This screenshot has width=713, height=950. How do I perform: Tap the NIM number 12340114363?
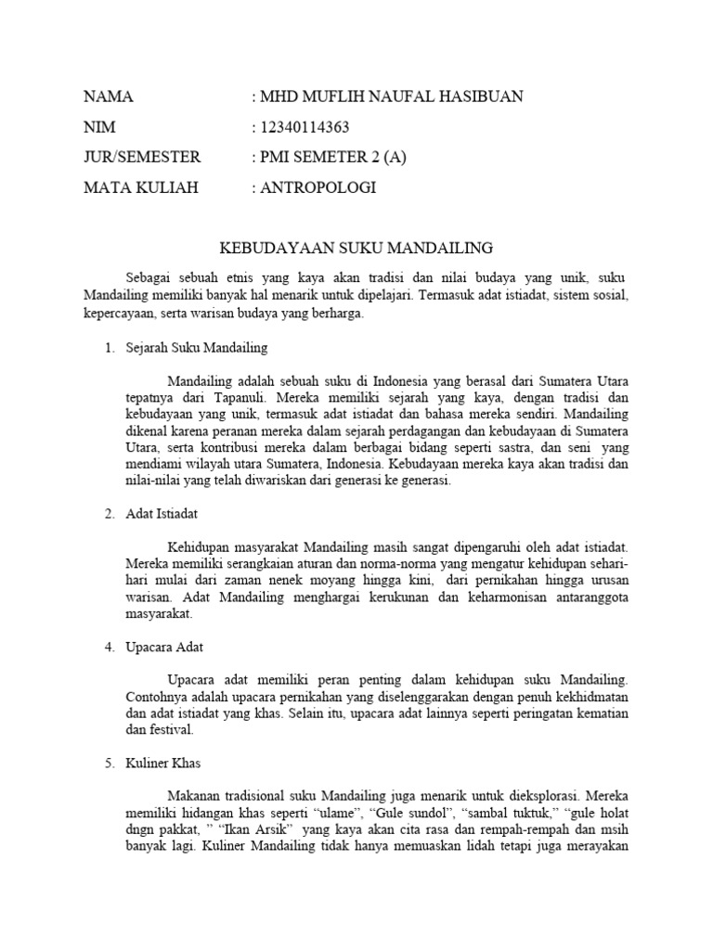(x=305, y=127)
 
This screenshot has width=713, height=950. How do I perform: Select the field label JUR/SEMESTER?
(x=142, y=157)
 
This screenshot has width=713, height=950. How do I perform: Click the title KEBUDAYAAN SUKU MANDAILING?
(x=356, y=248)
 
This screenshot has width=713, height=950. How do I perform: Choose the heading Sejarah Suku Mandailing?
(x=197, y=348)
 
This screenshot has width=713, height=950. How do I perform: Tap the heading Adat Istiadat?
(x=162, y=513)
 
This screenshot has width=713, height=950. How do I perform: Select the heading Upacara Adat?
(x=164, y=647)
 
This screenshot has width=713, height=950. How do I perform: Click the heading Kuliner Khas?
(x=162, y=764)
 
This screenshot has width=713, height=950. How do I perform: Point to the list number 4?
(x=109, y=647)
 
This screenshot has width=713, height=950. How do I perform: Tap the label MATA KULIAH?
(x=141, y=187)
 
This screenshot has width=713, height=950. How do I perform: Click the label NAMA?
(x=109, y=96)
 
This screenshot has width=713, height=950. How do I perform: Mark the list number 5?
(x=109, y=764)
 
